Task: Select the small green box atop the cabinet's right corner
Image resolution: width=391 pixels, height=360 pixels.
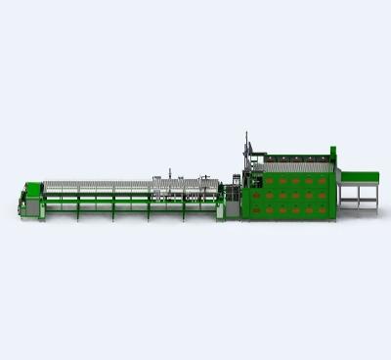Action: pyautogui.click(x=333, y=151)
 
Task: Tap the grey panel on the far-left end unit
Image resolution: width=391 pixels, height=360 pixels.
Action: pyautogui.click(x=22, y=204)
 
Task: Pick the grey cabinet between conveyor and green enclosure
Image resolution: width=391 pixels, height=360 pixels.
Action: pyautogui.click(x=236, y=196)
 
